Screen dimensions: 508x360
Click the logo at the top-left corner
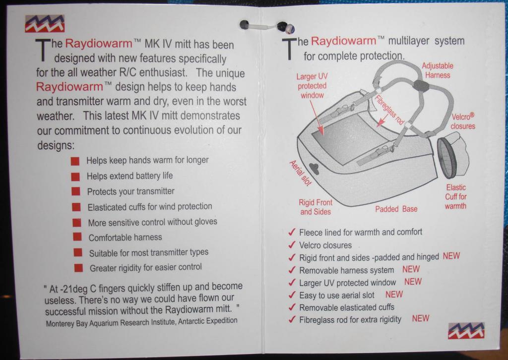point(45,24)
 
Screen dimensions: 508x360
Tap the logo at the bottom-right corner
point(466,331)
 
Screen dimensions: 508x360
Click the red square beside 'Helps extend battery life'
point(75,177)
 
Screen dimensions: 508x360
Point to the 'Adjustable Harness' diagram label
point(438,70)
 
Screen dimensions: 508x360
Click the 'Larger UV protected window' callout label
point(313,86)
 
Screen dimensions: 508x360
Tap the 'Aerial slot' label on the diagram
point(300,173)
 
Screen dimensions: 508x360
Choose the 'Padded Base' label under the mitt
point(396,209)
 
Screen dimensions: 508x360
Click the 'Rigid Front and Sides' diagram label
point(316,207)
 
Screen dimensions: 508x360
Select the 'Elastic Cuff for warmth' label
point(455,197)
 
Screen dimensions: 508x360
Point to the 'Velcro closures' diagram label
point(463,121)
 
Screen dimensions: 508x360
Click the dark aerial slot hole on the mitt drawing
point(314,168)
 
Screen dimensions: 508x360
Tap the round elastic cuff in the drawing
point(447,158)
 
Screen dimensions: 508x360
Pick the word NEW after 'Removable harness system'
point(411,269)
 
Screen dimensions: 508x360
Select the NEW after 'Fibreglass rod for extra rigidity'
point(421,318)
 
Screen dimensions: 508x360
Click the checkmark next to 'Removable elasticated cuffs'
point(292,307)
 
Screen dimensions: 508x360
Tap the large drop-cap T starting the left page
point(43,50)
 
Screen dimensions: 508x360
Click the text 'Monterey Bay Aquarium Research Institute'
point(111,323)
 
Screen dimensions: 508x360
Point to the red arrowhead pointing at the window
point(321,130)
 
